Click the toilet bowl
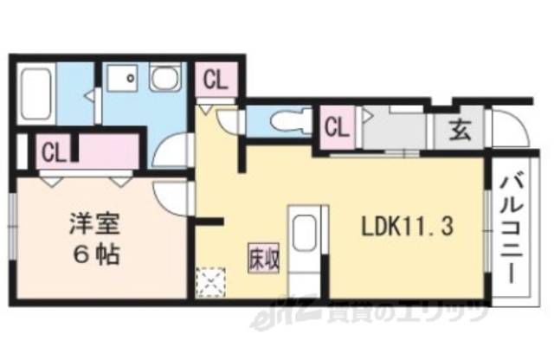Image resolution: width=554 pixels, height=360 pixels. click(285, 122)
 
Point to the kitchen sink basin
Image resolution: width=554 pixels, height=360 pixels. click(303, 234)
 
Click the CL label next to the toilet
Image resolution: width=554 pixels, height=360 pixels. click(336, 127)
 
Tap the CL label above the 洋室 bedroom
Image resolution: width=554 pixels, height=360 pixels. click(53, 153)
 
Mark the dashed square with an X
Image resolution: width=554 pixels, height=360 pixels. click(209, 282)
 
